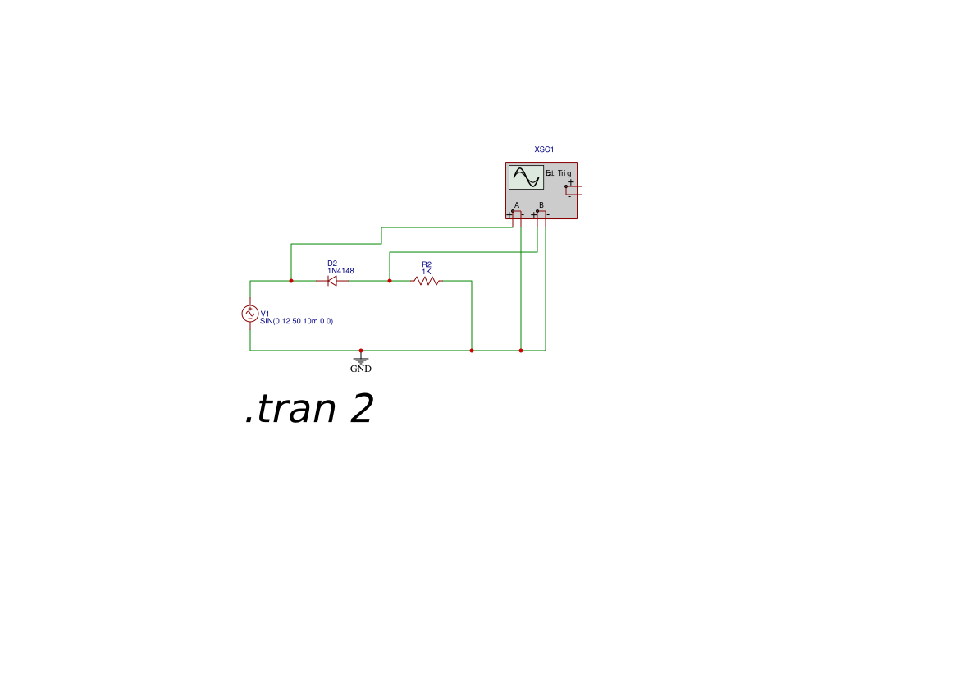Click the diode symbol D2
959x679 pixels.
click(332, 281)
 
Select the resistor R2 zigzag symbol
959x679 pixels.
click(427, 281)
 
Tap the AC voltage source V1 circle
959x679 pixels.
click(250, 314)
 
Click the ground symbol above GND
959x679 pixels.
click(361, 360)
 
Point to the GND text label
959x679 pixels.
click(361, 369)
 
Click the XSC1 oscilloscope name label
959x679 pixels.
click(545, 149)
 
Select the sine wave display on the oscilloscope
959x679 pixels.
click(526, 177)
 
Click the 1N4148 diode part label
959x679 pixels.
click(340, 271)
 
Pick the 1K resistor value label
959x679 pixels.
click(427, 272)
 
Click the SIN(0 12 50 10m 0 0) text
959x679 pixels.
click(297, 321)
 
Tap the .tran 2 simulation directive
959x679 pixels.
click(308, 408)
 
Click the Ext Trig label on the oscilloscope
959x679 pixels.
click(559, 173)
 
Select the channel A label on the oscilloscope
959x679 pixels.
click(517, 205)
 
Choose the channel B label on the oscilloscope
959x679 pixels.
click(541, 205)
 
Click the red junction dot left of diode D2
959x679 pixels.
click(291, 281)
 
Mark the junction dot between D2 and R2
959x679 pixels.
click(390, 281)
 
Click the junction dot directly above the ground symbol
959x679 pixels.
click(361, 351)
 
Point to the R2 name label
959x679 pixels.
click(427, 264)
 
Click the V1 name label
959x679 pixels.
click(265, 314)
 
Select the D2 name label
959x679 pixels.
click(332, 264)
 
